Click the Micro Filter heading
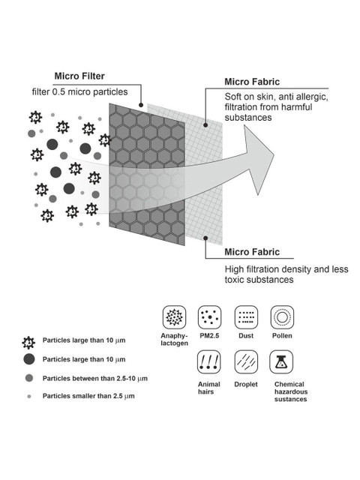point(79,76)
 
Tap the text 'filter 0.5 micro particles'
point(79,91)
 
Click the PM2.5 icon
point(209,317)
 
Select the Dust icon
point(246,317)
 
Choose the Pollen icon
point(282,317)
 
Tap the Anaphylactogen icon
point(174,317)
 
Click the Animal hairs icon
point(208,362)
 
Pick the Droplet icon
point(246,362)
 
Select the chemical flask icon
point(281,362)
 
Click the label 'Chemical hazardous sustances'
point(291,391)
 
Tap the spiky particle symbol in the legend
point(28,343)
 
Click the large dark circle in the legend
point(29,359)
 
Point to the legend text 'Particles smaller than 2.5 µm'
point(88,396)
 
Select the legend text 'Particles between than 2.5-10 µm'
point(95,379)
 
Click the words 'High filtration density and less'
point(286,269)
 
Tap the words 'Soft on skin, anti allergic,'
point(277,97)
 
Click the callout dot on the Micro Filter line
point(141,105)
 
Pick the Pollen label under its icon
point(282,335)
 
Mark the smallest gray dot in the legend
point(29,397)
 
